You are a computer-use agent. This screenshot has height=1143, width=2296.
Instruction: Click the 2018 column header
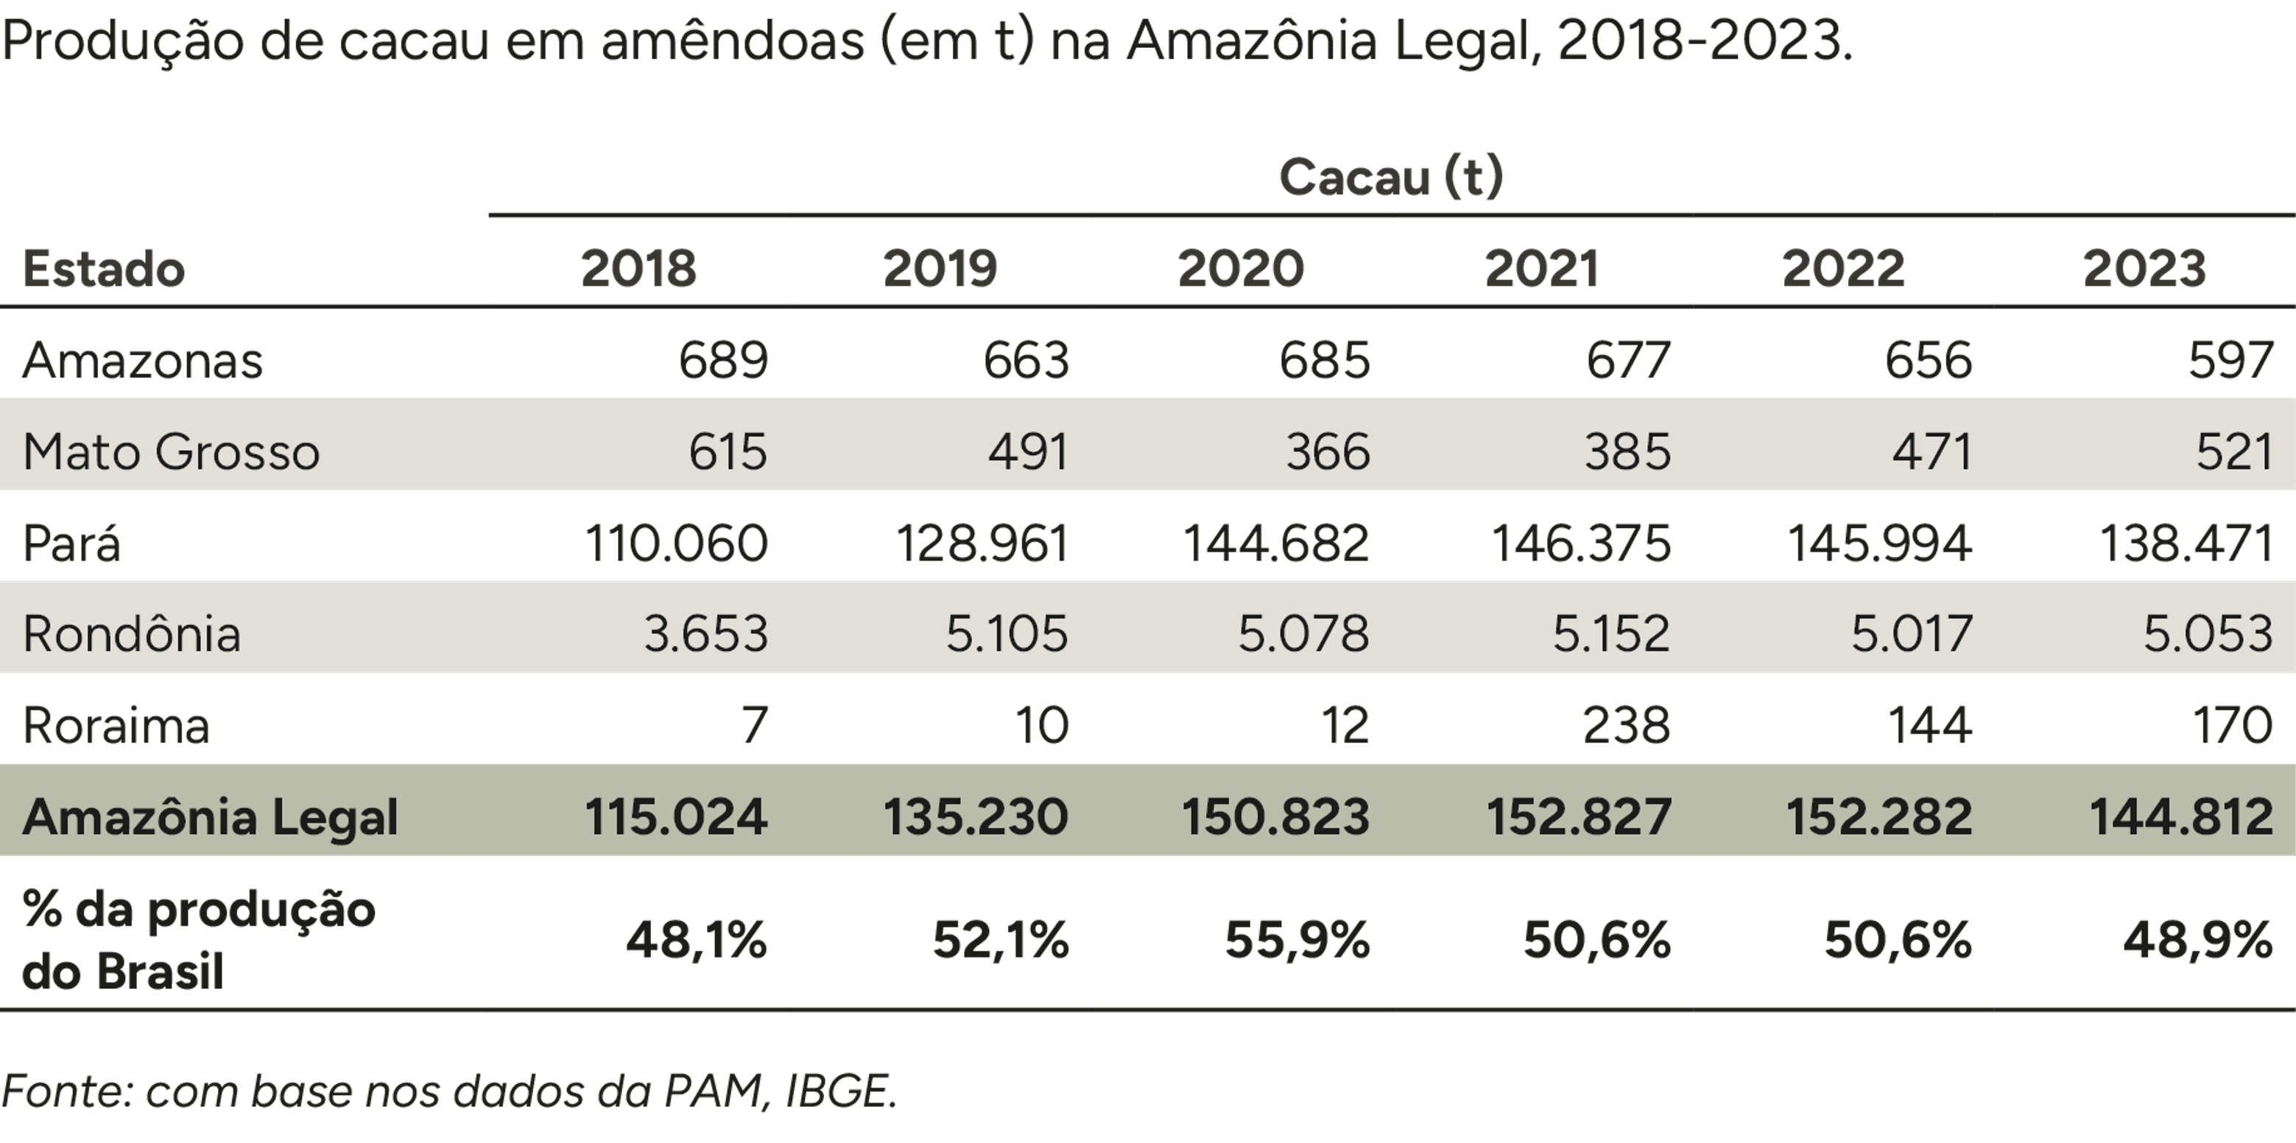pyautogui.click(x=638, y=268)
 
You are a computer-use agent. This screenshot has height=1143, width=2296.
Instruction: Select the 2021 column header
pyautogui.click(x=1542, y=268)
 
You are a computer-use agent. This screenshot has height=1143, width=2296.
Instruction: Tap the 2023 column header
pyautogui.click(x=2144, y=268)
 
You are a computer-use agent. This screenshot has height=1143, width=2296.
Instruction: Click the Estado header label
pyautogui.click(x=103, y=268)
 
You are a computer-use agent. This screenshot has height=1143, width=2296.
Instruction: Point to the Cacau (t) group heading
pyautogui.click(x=1390, y=177)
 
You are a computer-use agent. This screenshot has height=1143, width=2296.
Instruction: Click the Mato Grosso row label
pyautogui.click(x=171, y=451)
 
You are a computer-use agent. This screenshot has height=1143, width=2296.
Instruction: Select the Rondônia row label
pyautogui.click(x=132, y=634)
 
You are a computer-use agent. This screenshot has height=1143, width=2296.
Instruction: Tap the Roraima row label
pyautogui.click(x=116, y=725)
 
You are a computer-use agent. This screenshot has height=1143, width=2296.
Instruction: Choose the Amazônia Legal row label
pyautogui.click(x=211, y=817)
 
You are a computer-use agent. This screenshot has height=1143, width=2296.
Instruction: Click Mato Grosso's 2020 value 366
pyautogui.click(x=1327, y=451)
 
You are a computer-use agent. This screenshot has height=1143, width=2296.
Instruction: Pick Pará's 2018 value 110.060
pyautogui.click(x=675, y=543)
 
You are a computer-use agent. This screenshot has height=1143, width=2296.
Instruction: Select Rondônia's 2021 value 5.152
pyautogui.click(x=1610, y=634)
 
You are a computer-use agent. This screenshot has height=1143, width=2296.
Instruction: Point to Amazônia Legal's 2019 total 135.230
pyautogui.click(x=975, y=817)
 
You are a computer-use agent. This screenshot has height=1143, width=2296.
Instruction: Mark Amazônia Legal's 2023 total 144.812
pyautogui.click(x=2181, y=817)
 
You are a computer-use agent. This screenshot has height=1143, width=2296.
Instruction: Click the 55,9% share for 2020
pyautogui.click(x=1297, y=940)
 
